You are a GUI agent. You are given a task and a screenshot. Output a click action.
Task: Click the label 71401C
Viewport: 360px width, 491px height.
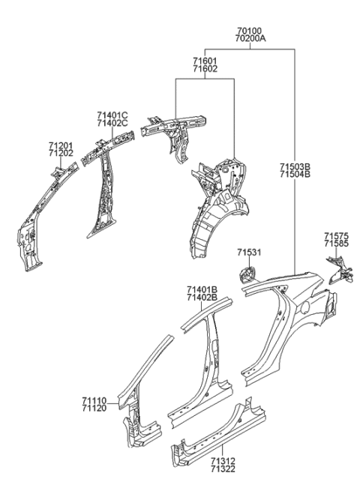112,115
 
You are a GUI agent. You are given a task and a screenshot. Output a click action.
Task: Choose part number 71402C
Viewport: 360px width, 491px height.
112,124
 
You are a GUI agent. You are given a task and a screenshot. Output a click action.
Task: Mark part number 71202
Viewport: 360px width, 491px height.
61,153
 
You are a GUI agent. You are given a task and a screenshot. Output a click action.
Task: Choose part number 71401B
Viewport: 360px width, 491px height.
202,289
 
